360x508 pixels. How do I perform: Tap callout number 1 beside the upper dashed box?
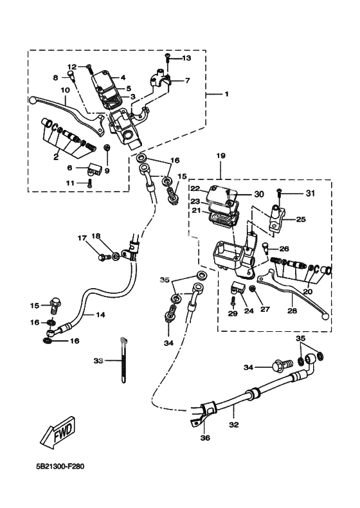pyautogui.click(x=226, y=95)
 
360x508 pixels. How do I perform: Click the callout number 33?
pyautogui.click(x=98, y=361)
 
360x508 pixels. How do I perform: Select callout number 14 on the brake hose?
pyautogui.click(x=100, y=315)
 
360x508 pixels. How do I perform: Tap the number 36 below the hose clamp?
pyautogui.click(x=205, y=439)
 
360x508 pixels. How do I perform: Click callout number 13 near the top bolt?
pyautogui.click(x=186, y=59)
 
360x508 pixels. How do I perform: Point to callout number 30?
pyautogui.click(x=258, y=194)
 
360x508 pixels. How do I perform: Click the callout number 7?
pyautogui.click(x=188, y=80)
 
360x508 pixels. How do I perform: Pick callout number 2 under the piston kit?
pyautogui.click(x=57, y=156)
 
